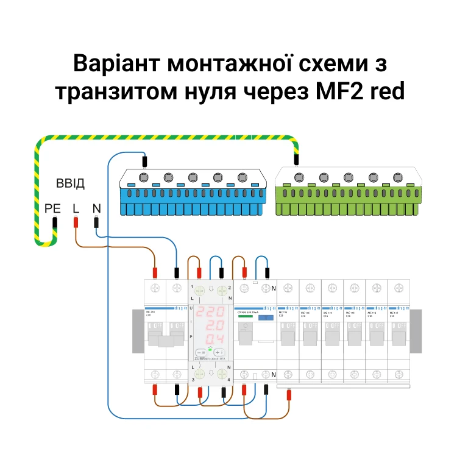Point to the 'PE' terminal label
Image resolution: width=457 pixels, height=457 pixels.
[x=53, y=208]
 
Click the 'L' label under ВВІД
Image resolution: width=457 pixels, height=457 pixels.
[x=76, y=208]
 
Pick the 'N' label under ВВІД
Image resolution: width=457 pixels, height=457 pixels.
[x=96, y=208]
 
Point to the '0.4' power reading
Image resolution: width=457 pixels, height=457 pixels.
[x=213, y=339]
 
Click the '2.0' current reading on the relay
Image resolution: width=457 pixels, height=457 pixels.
[x=213, y=325]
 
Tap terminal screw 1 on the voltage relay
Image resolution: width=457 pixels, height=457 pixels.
[x=199, y=291]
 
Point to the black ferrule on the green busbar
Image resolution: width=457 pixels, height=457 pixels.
[x=296, y=160]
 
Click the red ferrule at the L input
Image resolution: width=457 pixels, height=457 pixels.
[x=76, y=222]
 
